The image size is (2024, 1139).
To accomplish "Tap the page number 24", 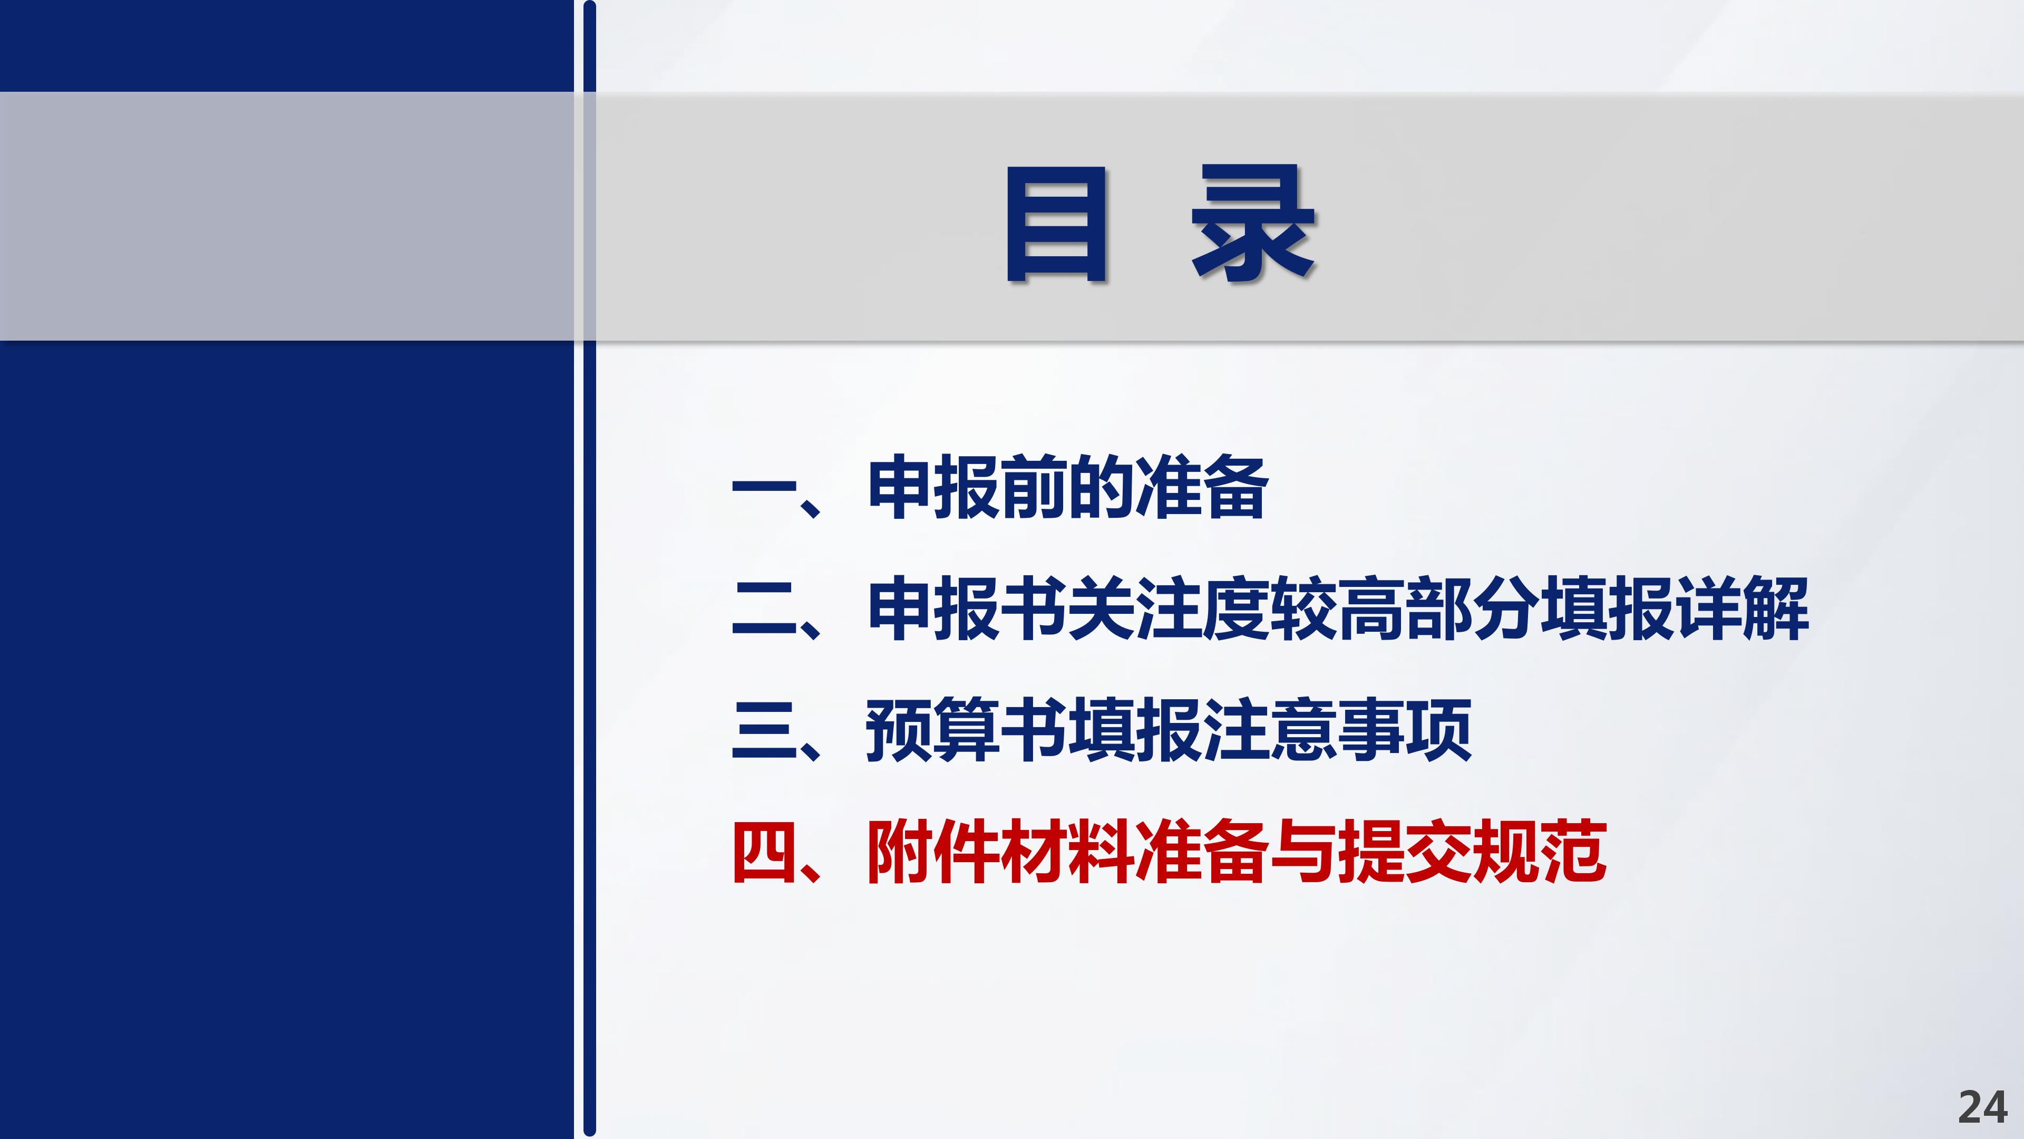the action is coord(1982,1107).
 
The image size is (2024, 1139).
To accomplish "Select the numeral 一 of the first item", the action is coord(764,487).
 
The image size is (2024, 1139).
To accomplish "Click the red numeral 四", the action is coord(764,852).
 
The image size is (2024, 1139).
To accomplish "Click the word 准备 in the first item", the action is coord(1202,487).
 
